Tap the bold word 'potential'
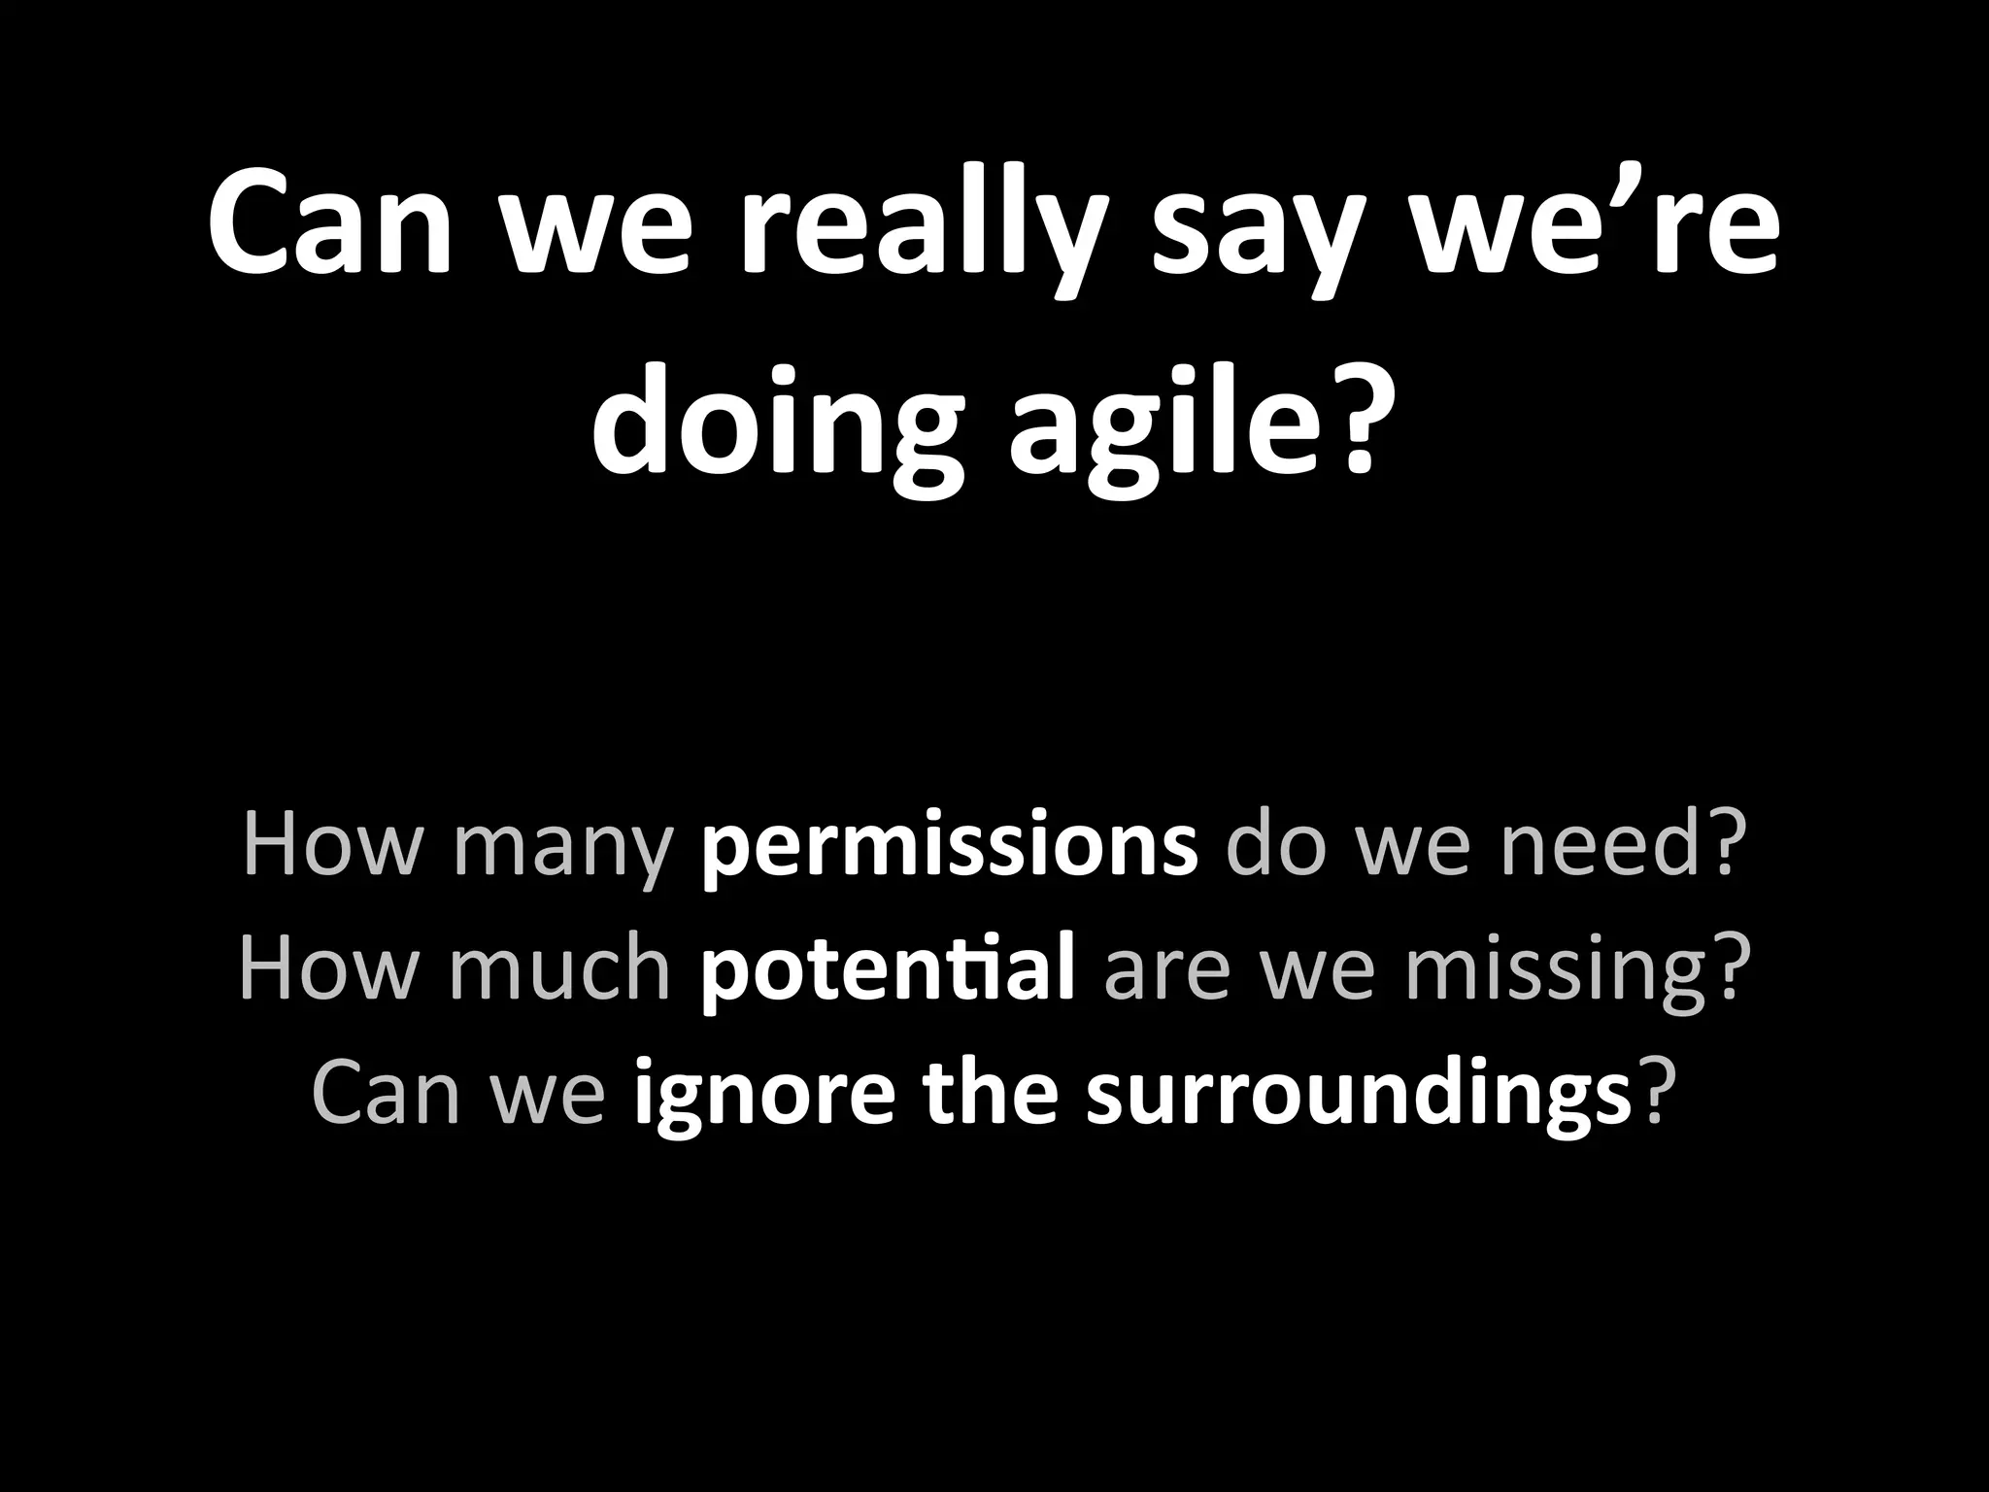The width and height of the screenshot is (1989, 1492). pos(887,968)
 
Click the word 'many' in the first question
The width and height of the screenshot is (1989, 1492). pos(562,846)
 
